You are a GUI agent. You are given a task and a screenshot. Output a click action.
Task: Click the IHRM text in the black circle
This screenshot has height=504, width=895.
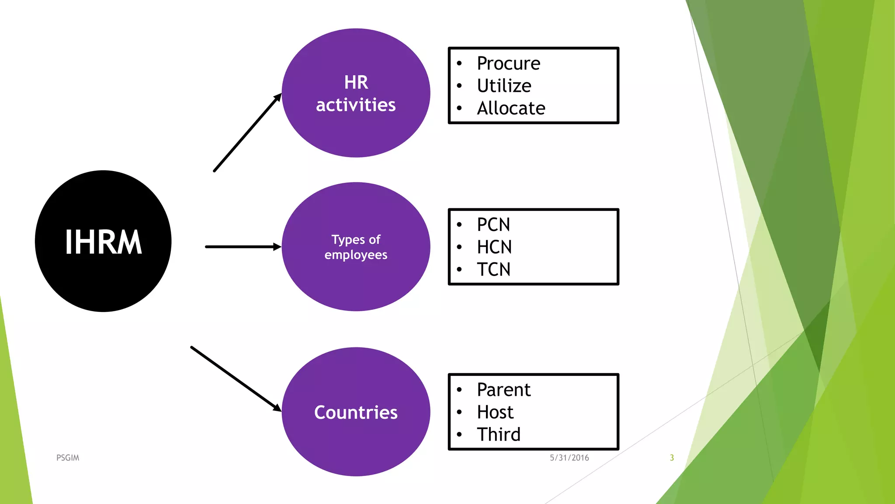click(x=104, y=242)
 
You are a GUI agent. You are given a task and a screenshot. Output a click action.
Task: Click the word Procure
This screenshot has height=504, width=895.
click(x=508, y=63)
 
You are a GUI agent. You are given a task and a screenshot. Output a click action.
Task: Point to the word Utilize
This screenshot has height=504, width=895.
click(x=504, y=86)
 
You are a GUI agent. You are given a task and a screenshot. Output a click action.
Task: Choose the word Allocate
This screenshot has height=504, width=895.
click(x=511, y=108)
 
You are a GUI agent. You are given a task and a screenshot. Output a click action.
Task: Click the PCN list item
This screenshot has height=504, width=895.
click(x=493, y=225)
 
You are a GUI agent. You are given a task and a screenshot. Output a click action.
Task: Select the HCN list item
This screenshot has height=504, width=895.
click(x=494, y=247)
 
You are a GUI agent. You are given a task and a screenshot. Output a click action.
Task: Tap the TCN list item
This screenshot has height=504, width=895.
click(x=493, y=269)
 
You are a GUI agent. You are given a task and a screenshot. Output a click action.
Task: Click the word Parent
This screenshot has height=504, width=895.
click(x=503, y=390)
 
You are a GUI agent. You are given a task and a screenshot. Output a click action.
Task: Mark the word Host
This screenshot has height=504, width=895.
click(x=495, y=412)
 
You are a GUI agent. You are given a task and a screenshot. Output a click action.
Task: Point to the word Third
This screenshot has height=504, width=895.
click(x=499, y=434)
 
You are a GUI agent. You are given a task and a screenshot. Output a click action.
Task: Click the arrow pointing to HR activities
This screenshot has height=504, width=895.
click(x=247, y=133)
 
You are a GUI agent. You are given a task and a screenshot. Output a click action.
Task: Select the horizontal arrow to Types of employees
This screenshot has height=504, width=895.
click(x=243, y=247)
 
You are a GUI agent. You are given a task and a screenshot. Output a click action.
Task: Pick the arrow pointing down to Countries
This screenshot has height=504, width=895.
click(x=236, y=379)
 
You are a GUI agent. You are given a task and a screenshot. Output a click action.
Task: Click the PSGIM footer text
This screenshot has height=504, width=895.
click(x=68, y=458)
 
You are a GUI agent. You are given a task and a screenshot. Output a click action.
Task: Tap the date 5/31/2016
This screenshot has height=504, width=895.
click(x=569, y=458)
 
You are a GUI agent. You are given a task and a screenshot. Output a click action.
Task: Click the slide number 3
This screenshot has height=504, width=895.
click(x=672, y=458)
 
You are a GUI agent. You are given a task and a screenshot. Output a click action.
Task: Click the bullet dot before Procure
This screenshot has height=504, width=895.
click(x=459, y=63)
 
